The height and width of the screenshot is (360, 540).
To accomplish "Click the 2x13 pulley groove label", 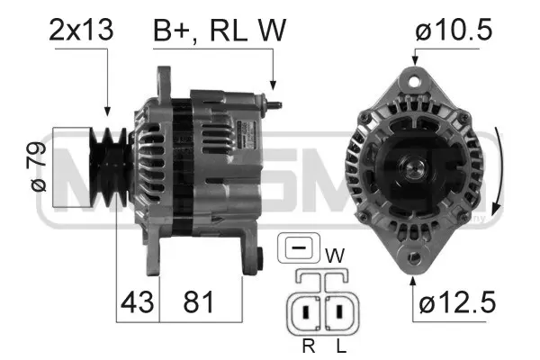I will (81, 30).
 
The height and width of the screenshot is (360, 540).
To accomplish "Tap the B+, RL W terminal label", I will (219, 30).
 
